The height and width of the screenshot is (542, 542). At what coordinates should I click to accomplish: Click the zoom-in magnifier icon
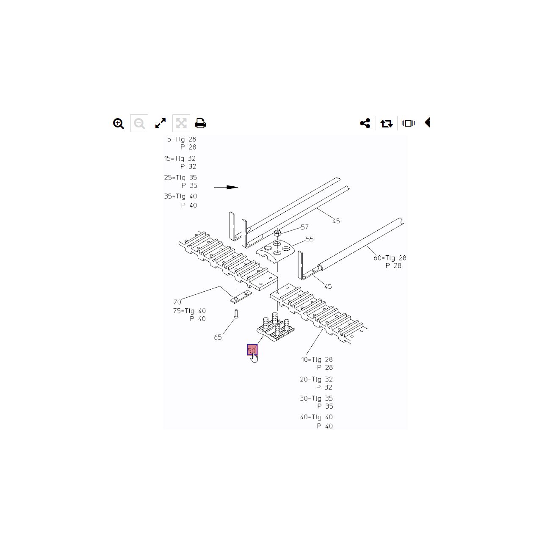(119, 124)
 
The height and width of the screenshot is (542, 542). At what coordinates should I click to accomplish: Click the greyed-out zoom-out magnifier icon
(139, 124)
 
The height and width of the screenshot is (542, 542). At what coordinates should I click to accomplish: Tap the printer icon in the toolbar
(200, 123)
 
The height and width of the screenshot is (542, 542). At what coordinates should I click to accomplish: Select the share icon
(365, 123)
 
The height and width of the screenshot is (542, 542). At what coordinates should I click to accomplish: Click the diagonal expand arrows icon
(160, 123)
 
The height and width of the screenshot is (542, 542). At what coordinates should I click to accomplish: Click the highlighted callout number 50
(252, 350)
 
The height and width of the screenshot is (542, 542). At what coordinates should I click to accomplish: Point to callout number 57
(304, 227)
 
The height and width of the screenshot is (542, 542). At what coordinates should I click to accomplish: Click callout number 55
(310, 239)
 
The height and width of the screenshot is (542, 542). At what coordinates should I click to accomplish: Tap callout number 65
(218, 337)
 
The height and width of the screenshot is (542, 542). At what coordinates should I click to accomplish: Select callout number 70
(177, 302)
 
